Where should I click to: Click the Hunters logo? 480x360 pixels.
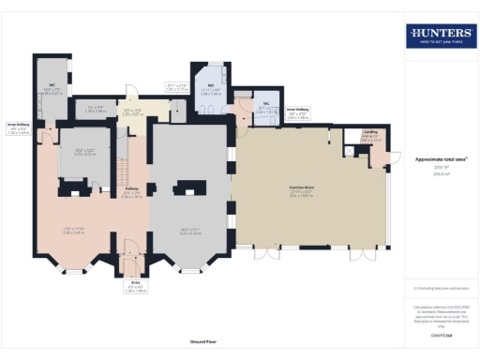pyautogui.click(x=441, y=36)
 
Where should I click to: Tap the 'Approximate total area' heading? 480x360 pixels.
pyautogui.click(x=440, y=159)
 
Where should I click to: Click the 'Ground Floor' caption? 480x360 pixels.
pyautogui.click(x=203, y=342)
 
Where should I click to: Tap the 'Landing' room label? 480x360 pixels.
pyautogui.click(x=370, y=133)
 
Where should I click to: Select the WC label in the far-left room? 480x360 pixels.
pyautogui.click(x=53, y=85)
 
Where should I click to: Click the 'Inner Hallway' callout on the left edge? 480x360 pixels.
pyautogui.click(x=19, y=126)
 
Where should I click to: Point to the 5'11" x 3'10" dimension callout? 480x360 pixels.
pyautogui.click(x=177, y=87)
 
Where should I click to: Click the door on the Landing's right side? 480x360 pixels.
pyautogui.click(x=389, y=156)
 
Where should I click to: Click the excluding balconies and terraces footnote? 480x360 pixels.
pyautogui.click(x=441, y=289)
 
